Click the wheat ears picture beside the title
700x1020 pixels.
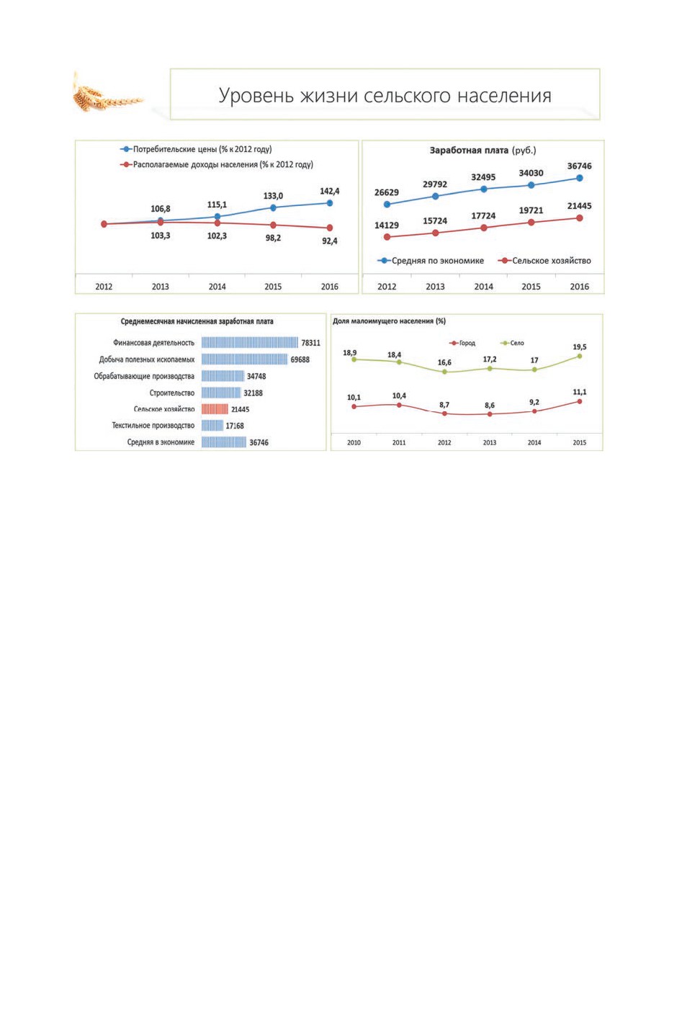pyautogui.click(x=108, y=94)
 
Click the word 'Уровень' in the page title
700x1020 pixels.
pyautogui.click(x=256, y=96)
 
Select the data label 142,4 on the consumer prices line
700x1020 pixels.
pyautogui.click(x=330, y=192)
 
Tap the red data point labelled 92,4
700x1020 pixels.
pyautogui.click(x=330, y=228)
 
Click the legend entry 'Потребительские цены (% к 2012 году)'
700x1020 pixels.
pyautogui.click(x=196, y=149)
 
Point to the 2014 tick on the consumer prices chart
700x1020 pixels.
pyautogui.click(x=217, y=287)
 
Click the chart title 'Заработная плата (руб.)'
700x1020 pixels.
pyautogui.click(x=483, y=151)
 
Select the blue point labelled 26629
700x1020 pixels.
pyautogui.click(x=387, y=205)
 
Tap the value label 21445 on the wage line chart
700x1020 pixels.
pyautogui.click(x=580, y=206)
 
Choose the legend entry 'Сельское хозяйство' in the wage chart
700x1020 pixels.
pyautogui.click(x=544, y=261)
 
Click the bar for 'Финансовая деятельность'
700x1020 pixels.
pyautogui.click(x=250, y=342)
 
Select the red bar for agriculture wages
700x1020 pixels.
pyautogui.click(x=215, y=409)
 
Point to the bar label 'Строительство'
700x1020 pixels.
pyautogui.click(x=171, y=393)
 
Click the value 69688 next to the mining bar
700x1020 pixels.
pyautogui.click(x=300, y=359)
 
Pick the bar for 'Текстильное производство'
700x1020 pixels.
pyautogui.click(x=212, y=425)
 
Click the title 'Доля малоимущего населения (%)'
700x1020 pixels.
pyautogui.click(x=389, y=321)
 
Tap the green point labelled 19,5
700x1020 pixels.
pyautogui.click(x=580, y=356)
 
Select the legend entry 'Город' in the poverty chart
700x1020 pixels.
pyautogui.click(x=462, y=343)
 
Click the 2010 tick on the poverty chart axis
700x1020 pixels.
pyautogui.click(x=354, y=442)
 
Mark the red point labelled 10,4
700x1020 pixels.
pyautogui.click(x=399, y=405)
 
